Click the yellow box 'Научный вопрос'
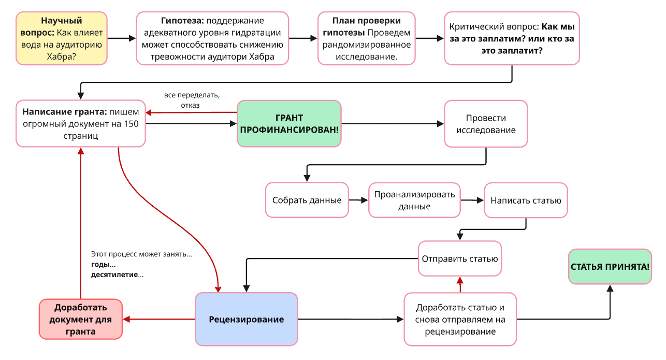62,38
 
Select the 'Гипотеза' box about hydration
212,38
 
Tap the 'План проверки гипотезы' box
367,38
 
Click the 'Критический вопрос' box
512,38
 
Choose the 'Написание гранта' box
80,123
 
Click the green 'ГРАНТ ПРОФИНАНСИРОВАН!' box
289,123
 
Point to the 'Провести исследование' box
485,124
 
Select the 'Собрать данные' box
307,200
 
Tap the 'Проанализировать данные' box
414,200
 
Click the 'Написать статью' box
526,200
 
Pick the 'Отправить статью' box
460,258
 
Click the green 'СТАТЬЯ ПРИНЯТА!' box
610,267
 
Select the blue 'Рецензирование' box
247,319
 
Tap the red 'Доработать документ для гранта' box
81,319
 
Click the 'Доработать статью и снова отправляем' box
460,319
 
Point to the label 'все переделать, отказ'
191,100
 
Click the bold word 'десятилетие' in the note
114,275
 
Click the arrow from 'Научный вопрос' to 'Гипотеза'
121,38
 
